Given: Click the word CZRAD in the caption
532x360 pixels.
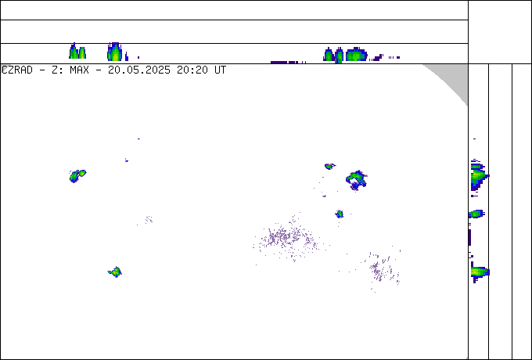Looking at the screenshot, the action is tap(17, 70).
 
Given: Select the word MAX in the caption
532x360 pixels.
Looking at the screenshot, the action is tap(79, 70).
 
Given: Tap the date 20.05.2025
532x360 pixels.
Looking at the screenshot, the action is tap(139, 70).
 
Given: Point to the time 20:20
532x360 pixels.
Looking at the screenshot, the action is tap(192, 70).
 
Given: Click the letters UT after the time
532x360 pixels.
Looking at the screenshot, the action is tap(220, 70).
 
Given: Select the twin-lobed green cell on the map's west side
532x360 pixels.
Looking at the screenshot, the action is tap(77, 176).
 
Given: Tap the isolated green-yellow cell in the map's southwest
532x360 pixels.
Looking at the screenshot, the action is tap(115, 272).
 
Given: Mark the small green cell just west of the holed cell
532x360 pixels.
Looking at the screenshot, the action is tap(329, 166).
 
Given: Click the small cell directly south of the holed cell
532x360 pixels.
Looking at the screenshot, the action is tap(340, 214).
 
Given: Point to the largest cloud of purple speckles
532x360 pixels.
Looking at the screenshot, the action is tap(286, 237).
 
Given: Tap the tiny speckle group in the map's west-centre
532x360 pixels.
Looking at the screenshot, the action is tap(149, 220).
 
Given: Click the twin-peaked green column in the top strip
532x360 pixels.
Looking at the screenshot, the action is tap(77, 52).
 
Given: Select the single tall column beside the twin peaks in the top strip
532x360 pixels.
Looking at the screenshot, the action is tap(115, 52).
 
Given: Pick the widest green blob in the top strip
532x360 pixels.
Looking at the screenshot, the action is tap(356, 54).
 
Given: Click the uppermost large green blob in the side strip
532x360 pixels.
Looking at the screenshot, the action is tap(478, 176).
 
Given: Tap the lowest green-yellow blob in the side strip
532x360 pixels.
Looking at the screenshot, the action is tap(479, 272).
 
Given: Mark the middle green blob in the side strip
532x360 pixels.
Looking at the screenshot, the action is tap(476, 214).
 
